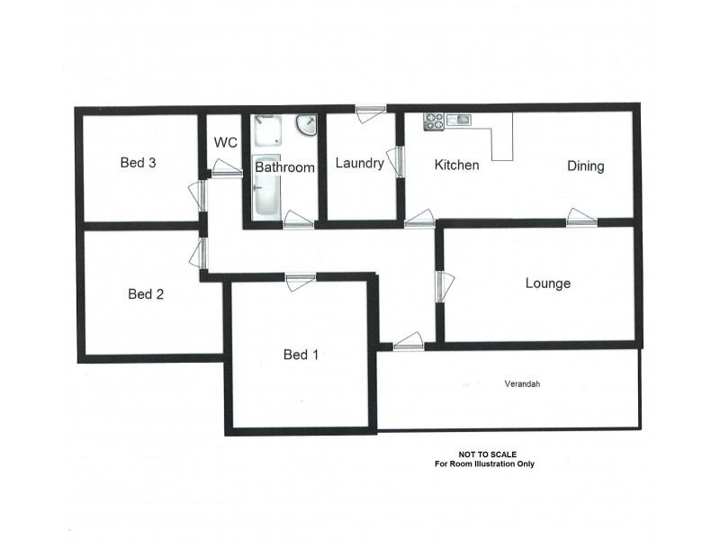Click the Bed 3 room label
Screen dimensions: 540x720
139,163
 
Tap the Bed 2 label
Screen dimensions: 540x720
146,293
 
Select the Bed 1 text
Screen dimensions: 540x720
301,355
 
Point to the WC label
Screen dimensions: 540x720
224,143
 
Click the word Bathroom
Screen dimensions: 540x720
284,167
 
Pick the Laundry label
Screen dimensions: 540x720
359,163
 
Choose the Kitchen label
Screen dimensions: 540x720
456,165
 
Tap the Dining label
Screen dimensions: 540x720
585,166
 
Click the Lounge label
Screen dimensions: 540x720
548,283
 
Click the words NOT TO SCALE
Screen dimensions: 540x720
488,454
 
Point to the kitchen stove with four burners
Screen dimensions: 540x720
435,121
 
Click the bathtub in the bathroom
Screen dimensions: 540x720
266,196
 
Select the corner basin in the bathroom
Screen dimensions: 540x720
307,125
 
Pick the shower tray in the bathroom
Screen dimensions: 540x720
267,130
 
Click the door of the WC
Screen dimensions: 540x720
227,168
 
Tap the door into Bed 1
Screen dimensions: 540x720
301,280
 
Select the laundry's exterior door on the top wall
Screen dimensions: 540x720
370,112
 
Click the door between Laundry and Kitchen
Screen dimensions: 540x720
396,161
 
